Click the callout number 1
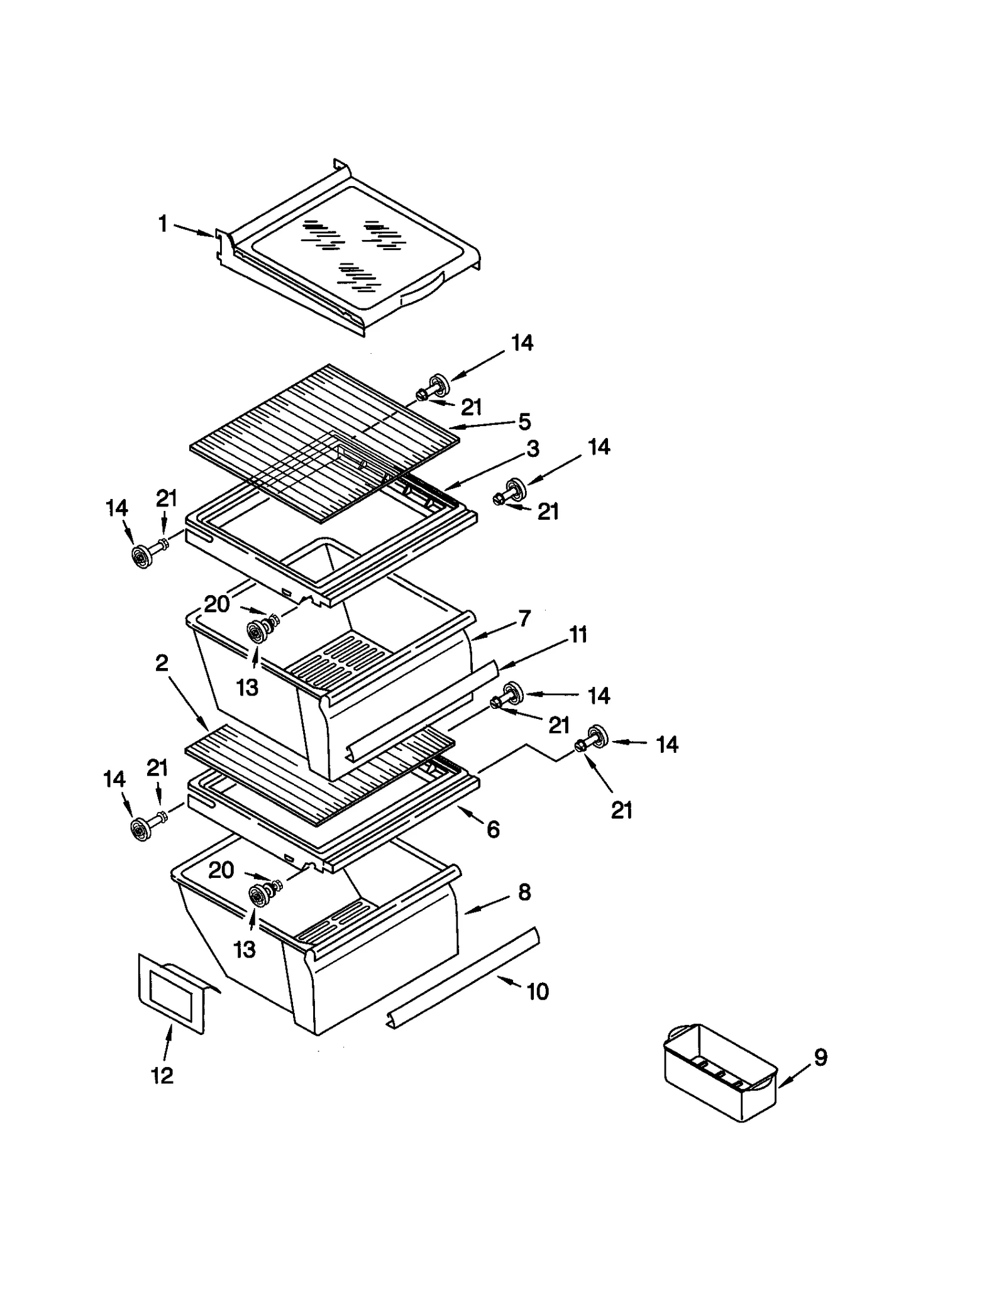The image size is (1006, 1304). [163, 224]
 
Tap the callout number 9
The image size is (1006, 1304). [821, 1057]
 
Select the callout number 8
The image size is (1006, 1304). [524, 892]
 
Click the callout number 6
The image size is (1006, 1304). [493, 830]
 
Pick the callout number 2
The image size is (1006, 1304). [162, 662]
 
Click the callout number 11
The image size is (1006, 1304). [578, 635]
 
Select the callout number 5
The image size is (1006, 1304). [524, 421]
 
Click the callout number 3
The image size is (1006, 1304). [533, 449]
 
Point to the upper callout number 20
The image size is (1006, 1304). [217, 605]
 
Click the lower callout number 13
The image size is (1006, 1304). [245, 949]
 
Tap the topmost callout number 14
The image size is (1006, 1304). [522, 342]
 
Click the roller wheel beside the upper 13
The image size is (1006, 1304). [257, 631]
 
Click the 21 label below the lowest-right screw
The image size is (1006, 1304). [621, 811]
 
